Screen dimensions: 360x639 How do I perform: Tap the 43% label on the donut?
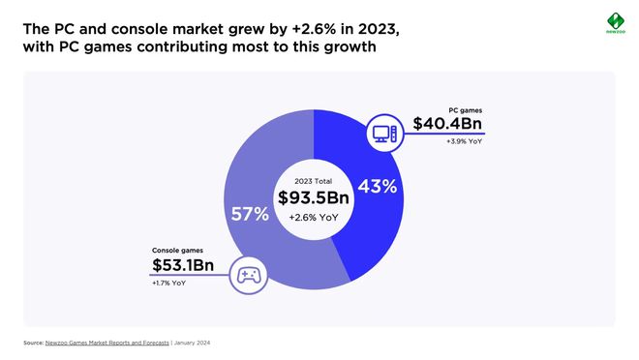(x=378, y=187)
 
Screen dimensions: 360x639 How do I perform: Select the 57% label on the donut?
(x=249, y=214)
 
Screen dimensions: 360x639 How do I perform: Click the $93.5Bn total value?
(x=314, y=197)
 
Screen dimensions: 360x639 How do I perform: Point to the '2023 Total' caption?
(x=314, y=180)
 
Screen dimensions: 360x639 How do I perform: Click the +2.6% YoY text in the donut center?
(x=314, y=217)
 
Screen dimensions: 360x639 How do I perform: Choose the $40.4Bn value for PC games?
(x=446, y=124)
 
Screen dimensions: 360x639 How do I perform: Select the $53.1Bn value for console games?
(x=183, y=265)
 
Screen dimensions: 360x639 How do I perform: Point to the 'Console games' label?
(x=178, y=250)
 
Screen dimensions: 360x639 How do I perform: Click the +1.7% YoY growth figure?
(x=170, y=283)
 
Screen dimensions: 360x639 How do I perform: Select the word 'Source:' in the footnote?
(x=33, y=344)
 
